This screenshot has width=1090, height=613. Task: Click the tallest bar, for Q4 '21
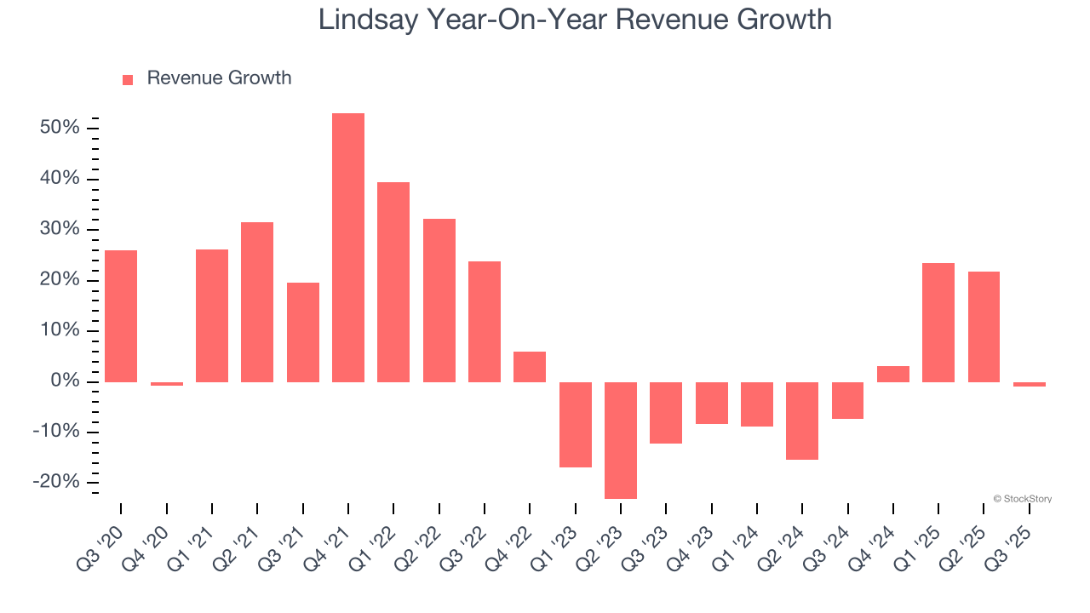click(348, 247)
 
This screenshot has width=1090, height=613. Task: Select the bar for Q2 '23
click(621, 440)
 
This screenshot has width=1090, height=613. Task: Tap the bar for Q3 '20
click(121, 316)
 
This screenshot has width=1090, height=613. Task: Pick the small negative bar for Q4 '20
click(167, 384)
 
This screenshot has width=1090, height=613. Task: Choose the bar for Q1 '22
click(393, 282)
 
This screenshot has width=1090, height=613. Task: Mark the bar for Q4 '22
click(530, 367)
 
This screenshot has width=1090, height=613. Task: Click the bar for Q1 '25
click(938, 323)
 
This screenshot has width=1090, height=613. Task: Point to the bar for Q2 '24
click(802, 421)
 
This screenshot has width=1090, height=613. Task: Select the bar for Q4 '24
click(893, 374)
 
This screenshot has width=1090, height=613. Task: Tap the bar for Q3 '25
click(1030, 384)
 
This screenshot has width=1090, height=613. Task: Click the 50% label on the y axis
click(59, 128)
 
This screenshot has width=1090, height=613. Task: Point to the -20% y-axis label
click(55, 483)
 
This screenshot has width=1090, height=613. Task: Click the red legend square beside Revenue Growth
click(128, 79)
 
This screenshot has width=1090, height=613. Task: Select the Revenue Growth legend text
click(219, 78)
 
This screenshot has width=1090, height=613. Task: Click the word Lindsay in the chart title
click(368, 19)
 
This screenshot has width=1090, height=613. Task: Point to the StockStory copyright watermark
click(1022, 499)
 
